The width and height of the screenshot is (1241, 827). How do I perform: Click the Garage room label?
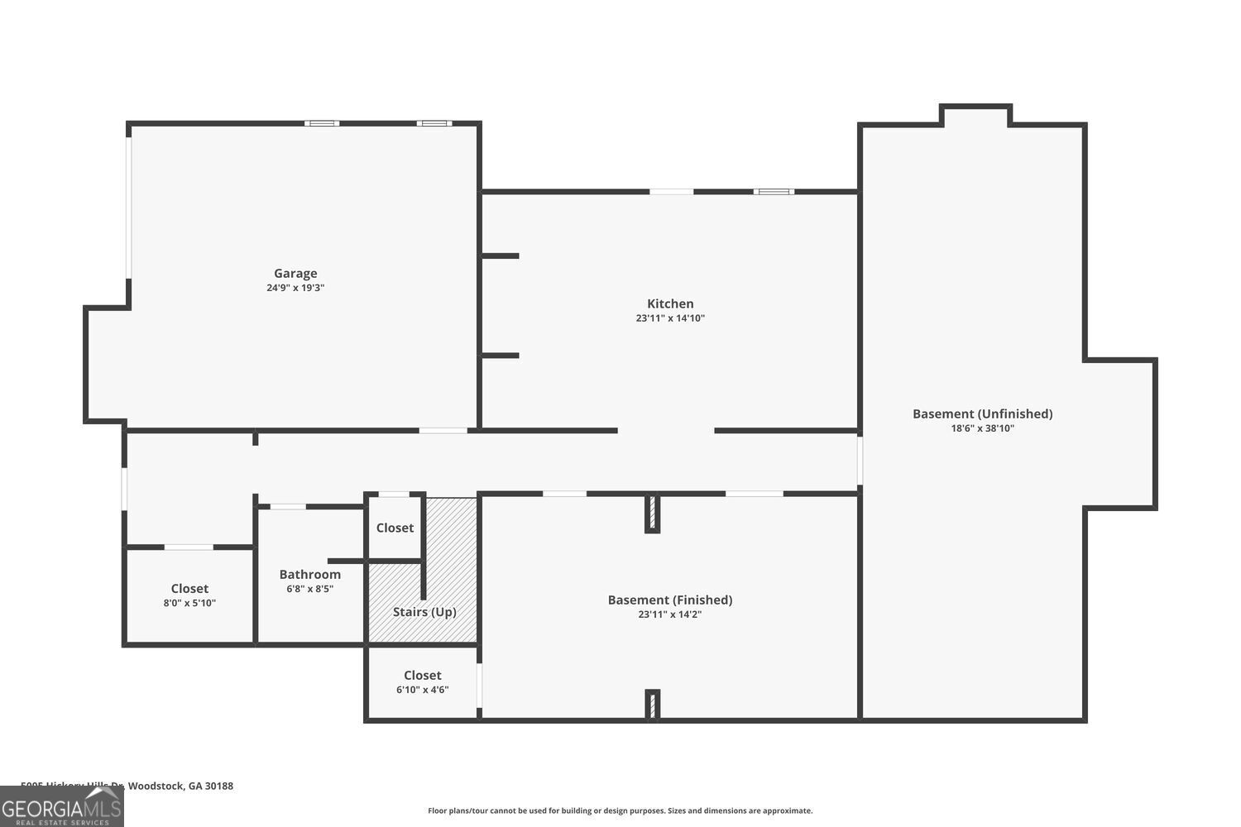(x=295, y=274)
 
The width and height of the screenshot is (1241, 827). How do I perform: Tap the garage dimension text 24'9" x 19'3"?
(x=295, y=289)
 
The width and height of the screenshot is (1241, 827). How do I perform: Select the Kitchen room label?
(x=670, y=304)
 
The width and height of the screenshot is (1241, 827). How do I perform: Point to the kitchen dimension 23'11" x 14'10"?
(x=670, y=318)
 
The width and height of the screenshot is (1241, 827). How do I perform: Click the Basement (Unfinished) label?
(x=982, y=413)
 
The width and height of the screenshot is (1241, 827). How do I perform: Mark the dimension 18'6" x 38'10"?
(x=982, y=428)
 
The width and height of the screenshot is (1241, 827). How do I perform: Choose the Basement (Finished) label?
(x=670, y=600)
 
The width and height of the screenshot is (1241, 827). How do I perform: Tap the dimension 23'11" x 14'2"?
(x=670, y=614)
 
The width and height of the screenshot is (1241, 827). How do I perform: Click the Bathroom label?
(x=309, y=574)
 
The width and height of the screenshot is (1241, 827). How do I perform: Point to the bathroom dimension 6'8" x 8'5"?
(x=309, y=589)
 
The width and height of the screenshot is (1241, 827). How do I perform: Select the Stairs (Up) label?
(x=424, y=612)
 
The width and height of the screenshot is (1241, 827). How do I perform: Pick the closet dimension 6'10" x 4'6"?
(x=423, y=690)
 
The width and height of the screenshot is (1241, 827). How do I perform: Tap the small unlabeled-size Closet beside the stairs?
(x=395, y=528)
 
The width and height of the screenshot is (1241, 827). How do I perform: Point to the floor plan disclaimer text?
(x=620, y=810)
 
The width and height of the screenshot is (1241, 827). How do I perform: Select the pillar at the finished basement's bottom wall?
(x=652, y=705)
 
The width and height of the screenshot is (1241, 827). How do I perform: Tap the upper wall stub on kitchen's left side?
(x=501, y=256)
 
